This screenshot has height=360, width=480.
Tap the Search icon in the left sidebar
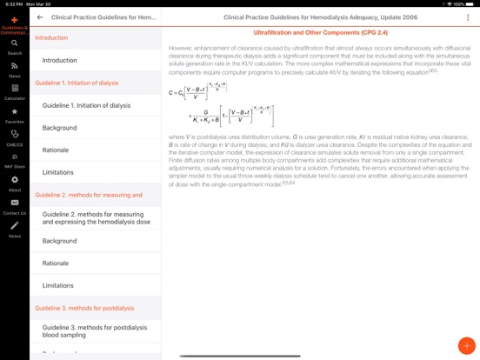point(15,43)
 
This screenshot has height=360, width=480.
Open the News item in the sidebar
point(15,65)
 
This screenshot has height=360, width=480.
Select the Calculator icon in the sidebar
point(15,88)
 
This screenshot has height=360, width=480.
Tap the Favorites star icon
point(15,111)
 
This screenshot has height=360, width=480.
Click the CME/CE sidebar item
point(15,134)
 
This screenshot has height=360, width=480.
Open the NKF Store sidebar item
point(15,157)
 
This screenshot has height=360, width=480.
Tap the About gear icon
point(15,179)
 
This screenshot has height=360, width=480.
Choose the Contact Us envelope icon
point(15,203)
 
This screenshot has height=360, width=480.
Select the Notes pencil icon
point(15,225)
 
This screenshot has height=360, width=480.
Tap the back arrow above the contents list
point(40,17)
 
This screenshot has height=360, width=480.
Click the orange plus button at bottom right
point(466,344)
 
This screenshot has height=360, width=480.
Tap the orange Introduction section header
point(51,38)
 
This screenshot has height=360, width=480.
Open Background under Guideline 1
point(60,128)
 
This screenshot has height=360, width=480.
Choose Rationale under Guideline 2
point(56,263)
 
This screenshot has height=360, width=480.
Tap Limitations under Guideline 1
point(58,172)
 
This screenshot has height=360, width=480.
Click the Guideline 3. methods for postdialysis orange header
point(88,308)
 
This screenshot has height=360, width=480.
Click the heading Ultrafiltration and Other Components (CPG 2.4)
point(320,31)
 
